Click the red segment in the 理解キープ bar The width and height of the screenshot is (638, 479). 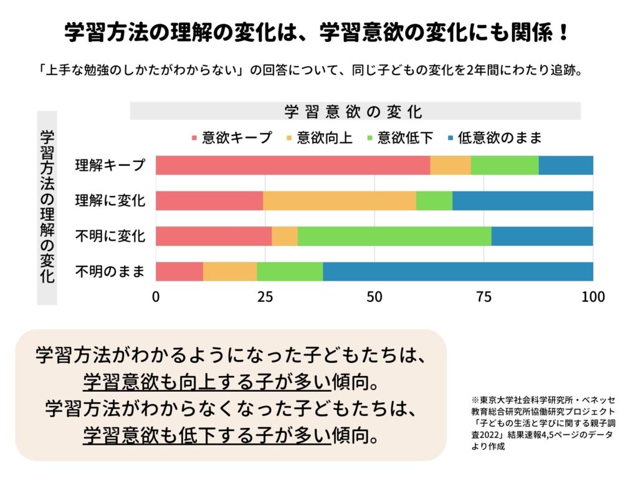coord(293,165)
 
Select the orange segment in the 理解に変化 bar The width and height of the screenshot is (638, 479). coord(340,201)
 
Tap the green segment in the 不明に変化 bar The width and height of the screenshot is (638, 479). coord(394,236)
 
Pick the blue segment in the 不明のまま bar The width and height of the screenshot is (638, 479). coord(458,272)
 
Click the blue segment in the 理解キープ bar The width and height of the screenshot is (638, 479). coord(566,165)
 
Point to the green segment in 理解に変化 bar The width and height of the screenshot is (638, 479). coord(434,201)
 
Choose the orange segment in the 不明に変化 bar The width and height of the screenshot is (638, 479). coord(285,236)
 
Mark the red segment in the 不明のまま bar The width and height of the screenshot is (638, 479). coord(179,272)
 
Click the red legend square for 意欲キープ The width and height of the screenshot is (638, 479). coord(194,137)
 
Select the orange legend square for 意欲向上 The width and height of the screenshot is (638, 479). coord(288,137)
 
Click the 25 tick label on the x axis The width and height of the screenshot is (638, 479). coord(265,297)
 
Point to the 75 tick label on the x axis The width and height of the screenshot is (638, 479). coord(484,297)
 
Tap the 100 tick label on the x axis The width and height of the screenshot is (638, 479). coord(593,297)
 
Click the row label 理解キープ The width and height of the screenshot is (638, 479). coord(110,166)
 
